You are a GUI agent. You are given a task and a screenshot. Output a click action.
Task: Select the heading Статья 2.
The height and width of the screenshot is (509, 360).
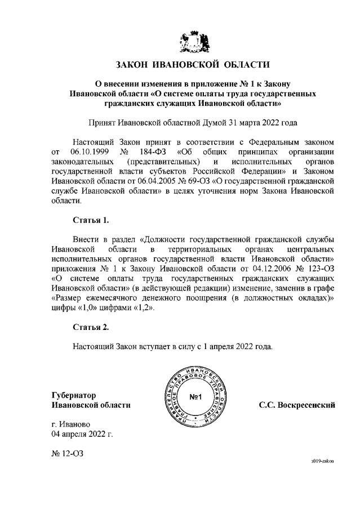(x=90, y=327)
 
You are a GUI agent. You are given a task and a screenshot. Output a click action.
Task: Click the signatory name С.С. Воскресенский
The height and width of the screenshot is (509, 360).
(x=297, y=405)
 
